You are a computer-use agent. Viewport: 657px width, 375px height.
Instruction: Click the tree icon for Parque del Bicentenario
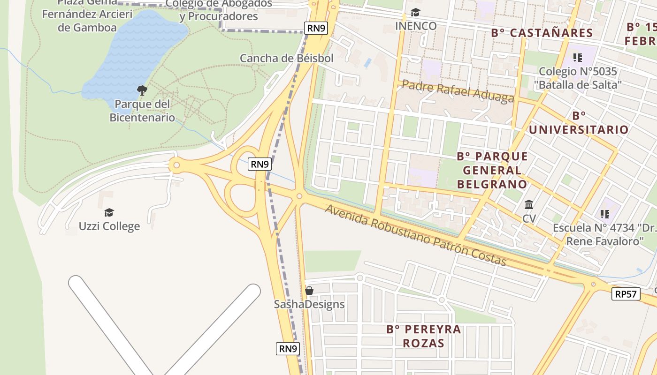[142, 90]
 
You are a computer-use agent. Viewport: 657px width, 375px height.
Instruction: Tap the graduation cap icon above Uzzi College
[109, 212]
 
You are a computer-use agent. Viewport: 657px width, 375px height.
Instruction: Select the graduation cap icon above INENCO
[415, 12]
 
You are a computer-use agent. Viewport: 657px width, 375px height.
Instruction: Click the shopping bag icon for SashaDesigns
[309, 291]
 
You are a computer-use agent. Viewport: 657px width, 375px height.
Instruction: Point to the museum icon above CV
[529, 205]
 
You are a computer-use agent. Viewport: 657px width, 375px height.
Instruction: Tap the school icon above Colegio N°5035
[578, 58]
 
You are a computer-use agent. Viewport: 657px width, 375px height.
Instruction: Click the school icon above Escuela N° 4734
[604, 214]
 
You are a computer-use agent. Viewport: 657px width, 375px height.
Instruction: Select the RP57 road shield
[626, 294]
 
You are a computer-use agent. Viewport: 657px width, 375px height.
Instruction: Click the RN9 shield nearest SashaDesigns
[288, 349]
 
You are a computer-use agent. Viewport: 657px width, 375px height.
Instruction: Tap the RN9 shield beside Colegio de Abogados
[316, 28]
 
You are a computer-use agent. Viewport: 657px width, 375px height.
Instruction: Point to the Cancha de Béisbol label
[286, 58]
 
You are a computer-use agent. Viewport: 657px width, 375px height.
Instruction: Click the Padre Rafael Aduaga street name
[458, 91]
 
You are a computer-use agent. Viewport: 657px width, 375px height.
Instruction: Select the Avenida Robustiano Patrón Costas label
[415, 235]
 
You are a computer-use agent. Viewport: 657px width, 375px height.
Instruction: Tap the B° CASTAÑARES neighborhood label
[542, 33]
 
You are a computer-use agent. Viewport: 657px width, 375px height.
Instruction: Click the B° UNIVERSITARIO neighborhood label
[579, 123]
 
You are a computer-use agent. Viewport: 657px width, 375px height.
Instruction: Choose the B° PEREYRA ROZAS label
[423, 336]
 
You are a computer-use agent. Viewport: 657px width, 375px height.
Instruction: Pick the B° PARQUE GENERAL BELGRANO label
[492, 170]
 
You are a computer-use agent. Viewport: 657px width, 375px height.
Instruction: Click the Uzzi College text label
[109, 226]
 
